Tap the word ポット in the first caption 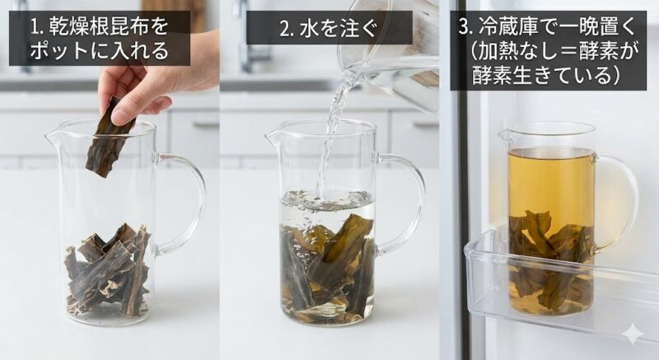pos(58,52)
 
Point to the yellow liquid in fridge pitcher pos(550,181)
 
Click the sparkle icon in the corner pos(632,334)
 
